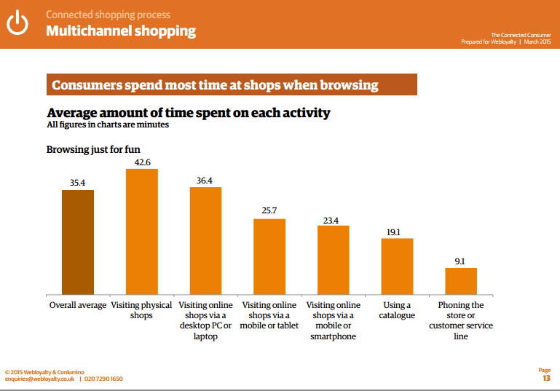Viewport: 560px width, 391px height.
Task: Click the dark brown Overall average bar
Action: (78, 242)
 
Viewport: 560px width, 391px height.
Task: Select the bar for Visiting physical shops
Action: (142, 231)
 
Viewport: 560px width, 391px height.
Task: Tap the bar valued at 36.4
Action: (205, 240)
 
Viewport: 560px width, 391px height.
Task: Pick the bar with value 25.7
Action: (269, 256)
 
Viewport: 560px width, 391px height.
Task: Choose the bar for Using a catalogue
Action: (397, 266)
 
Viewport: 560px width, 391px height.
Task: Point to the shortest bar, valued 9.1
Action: (461, 281)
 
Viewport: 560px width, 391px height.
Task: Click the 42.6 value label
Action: (142, 162)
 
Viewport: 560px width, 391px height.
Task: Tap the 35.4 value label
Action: (78, 183)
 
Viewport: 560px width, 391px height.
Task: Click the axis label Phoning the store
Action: (461, 321)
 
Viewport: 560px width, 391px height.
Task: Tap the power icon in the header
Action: (17, 23)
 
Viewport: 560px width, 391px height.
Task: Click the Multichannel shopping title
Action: (121, 31)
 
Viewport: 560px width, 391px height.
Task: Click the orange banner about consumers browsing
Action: (232, 85)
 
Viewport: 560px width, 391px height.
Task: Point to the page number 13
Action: (546, 379)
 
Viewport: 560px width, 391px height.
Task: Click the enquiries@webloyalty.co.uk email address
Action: (39, 379)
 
